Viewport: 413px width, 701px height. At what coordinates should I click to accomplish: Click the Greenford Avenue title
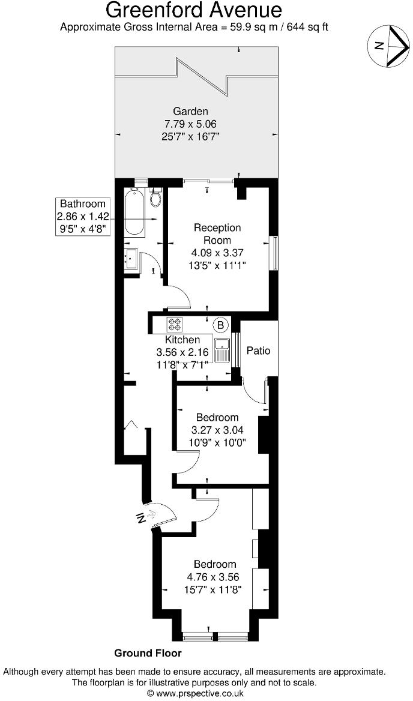[193, 10]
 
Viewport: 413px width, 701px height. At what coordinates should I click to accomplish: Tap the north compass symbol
[390, 46]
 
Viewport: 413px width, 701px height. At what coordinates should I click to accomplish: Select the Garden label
[190, 111]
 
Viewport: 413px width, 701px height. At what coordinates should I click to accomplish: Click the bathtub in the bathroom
[135, 213]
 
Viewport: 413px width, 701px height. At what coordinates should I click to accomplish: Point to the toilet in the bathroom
[157, 198]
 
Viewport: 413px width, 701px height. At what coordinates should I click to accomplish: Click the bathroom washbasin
[131, 259]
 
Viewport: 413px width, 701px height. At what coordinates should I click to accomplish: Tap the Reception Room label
[217, 233]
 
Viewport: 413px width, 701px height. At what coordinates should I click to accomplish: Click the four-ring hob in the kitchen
[175, 324]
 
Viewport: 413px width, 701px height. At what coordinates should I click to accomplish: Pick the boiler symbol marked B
[221, 325]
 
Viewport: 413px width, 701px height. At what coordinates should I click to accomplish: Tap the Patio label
[259, 350]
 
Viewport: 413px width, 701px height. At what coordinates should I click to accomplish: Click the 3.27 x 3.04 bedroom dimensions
[217, 430]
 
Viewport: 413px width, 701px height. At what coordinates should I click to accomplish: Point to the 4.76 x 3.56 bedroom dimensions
[214, 577]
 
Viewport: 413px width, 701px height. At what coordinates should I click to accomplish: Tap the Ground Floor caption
[148, 653]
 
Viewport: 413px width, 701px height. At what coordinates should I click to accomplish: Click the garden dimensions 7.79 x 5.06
[190, 124]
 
